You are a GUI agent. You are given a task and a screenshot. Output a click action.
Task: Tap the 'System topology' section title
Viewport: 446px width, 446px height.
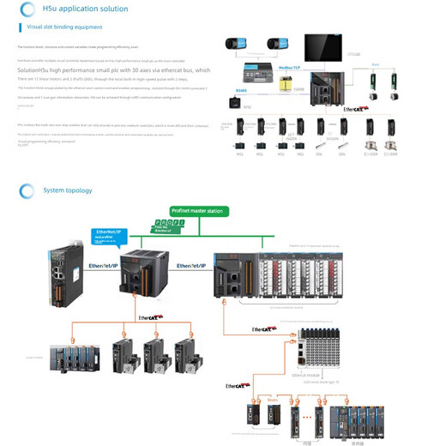point(67,190)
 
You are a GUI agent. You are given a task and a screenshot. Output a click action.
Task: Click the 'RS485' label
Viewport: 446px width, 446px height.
point(241,88)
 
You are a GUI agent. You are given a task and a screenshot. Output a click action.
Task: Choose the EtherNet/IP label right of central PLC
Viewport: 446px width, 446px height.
point(190,267)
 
